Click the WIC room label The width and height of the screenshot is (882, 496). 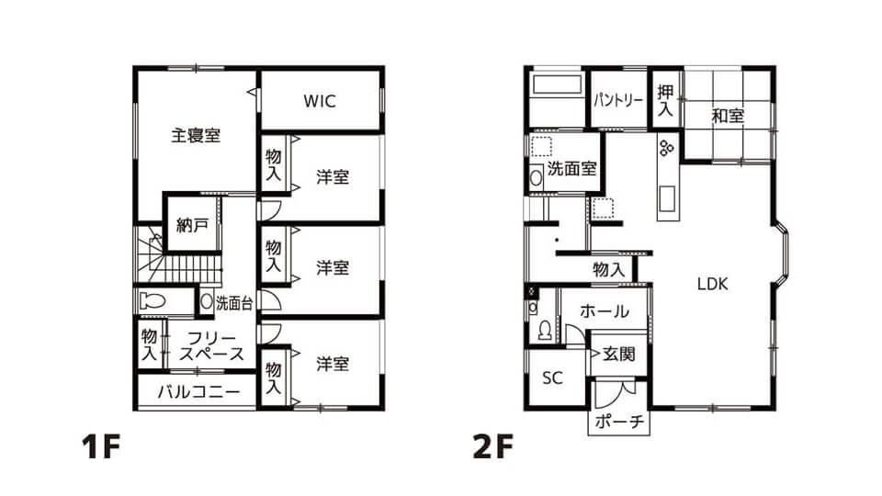pyautogui.click(x=320, y=101)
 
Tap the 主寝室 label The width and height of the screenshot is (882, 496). pyautogui.click(x=196, y=136)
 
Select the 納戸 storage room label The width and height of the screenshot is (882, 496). pyautogui.click(x=192, y=226)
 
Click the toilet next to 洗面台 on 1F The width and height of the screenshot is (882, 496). pyautogui.click(x=152, y=301)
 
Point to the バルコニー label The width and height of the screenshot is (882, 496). pyautogui.click(x=199, y=391)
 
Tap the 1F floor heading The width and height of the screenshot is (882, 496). pyautogui.click(x=102, y=447)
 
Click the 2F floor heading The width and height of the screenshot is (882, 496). pyautogui.click(x=493, y=447)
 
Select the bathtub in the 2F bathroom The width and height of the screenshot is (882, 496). pyautogui.click(x=557, y=84)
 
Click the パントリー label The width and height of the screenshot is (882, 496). pyautogui.click(x=618, y=101)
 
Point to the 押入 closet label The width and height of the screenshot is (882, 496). pyautogui.click(x=665, y=100)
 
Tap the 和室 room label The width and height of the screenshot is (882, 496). pyautogui.click(x=728, y=116)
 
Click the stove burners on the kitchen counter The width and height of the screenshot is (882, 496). pyautogui.click(x=667, y=148)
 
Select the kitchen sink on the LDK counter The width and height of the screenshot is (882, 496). pyautogui.click(x=667, y=198)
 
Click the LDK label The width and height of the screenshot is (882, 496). pyautogui.click(x=713, y=284)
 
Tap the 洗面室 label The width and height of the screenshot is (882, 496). pyautogui.click(x=572, y=168)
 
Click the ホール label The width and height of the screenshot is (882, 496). pyautogui.click(x=605, y=310)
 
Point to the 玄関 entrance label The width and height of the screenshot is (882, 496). pyautogui.click(x=619, y=354)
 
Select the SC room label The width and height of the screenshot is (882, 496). pyautogui.click(x=552, y=378)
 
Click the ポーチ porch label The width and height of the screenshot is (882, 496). pyautogui.click(x=619, y=422)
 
